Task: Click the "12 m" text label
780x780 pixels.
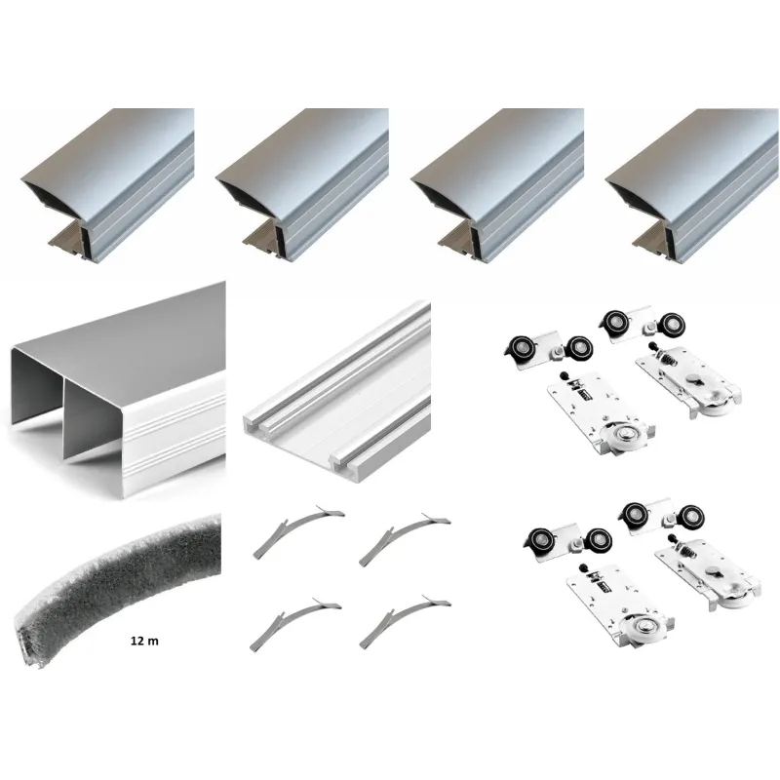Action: pos(144,641)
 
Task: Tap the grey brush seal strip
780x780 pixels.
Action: pos(119,587)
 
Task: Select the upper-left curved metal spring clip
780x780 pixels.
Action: pos(297,530)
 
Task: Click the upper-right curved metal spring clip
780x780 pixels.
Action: pos(404,538)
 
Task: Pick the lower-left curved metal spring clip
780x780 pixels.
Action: pos(294,624)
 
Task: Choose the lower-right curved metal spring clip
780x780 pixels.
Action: pos(404,622)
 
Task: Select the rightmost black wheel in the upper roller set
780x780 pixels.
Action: pos(671,326)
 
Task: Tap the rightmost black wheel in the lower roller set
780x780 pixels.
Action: pos(690,519)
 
